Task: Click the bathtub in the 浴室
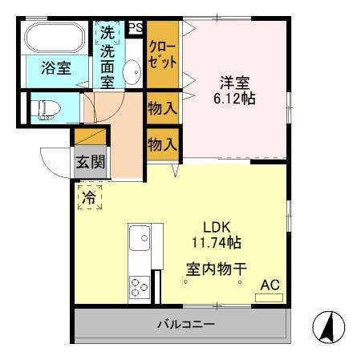[x=54, y=38]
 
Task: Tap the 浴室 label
[x=55, y=69]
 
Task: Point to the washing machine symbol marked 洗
[x=107, y=34]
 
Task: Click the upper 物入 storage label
[x=162, y=107]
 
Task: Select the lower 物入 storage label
[x=162, y=144]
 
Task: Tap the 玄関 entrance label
[x=90, y=162]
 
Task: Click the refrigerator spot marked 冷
[x=90, y=195]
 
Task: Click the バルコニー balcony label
[x=185, y=326]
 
